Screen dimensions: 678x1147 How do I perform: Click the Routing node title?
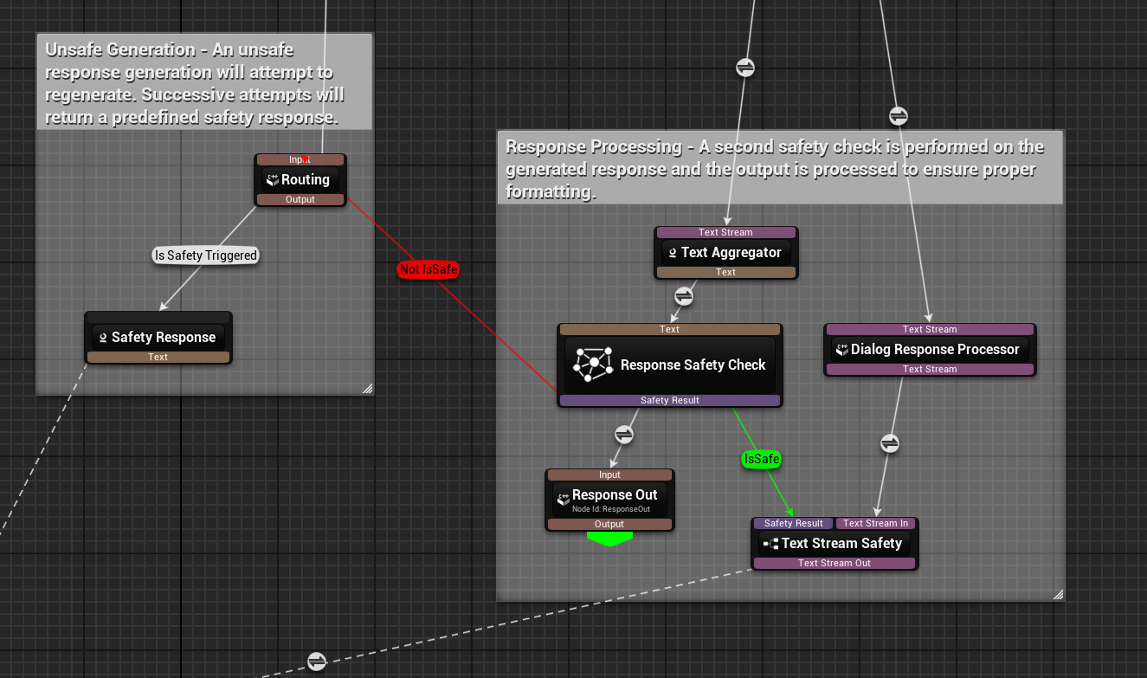coord(305,180)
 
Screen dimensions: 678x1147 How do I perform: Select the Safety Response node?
coord(163,338)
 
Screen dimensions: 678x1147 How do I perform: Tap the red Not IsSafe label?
coord(428,269)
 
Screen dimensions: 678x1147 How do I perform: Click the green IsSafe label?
coord(761,459)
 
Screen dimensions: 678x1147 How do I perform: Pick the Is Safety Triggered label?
coord(205,255)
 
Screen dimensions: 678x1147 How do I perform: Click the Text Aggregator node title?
coord(731,253)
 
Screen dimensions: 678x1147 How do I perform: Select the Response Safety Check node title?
coord(693,365)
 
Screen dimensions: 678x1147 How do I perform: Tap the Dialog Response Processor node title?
coord(935,350)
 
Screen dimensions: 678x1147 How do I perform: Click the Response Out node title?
coord(614,495)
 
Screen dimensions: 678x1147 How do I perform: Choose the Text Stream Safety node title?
coord(841,544)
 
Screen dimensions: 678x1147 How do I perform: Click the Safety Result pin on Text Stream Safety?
coord(793,523)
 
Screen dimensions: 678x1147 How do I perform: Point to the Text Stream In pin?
coord(875,523)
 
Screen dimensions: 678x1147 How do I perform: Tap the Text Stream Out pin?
coord(834,563)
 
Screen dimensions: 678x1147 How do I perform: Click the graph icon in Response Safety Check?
coord(592,365)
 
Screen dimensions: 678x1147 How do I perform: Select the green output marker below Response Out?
coord(609,539)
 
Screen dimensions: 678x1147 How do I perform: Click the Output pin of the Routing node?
coord(300,199)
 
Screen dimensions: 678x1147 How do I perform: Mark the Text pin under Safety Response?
coord(158,357)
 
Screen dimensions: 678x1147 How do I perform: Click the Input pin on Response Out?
coord(609,475)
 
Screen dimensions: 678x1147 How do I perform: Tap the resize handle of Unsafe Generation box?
coord(367,389)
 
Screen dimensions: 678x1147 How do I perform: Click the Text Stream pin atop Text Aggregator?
coord(725,232)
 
